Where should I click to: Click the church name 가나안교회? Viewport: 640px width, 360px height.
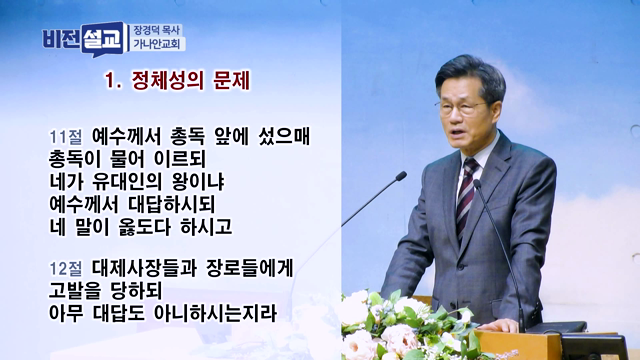point(158,45)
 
